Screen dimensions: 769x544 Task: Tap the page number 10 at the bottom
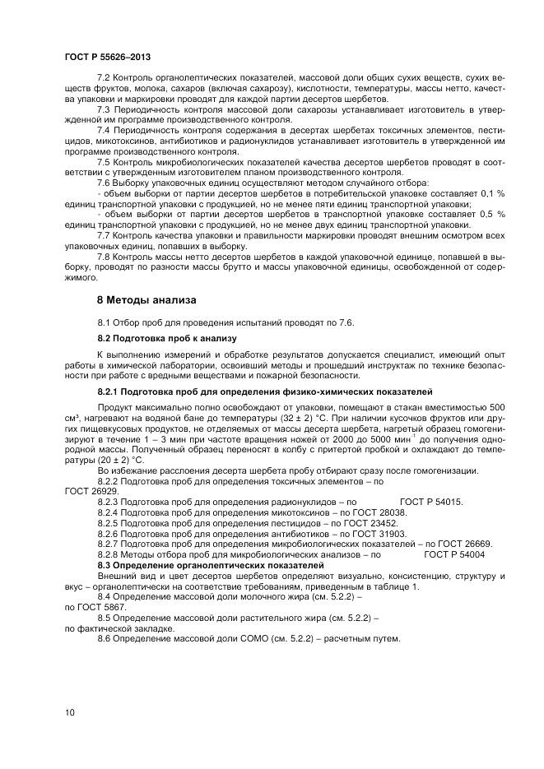pos(68,712)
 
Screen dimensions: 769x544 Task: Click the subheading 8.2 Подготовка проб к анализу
pos(166,338)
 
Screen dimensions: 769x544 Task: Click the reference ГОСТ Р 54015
pos(430,501)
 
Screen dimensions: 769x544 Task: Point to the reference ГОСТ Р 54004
pos(453,554)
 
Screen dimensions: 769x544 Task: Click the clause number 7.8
pos(105,257)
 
